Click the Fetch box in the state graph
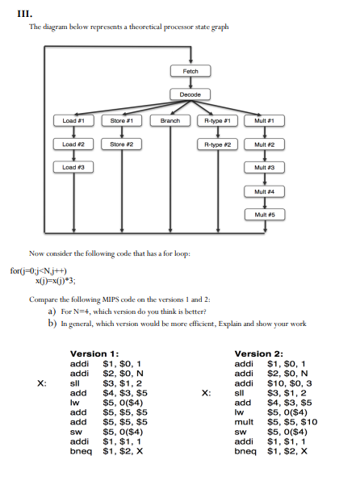[x=190, y=72]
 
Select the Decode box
[x=190, y=95]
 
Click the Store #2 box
[x=122, y=144]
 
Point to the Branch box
[x=170, y=121]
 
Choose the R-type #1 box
[x=216, y=121]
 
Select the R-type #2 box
[x=216, y=144]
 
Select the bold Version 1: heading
[x=94, y=353]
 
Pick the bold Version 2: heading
[x=257, y=353]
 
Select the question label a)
[x=52, y=311]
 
